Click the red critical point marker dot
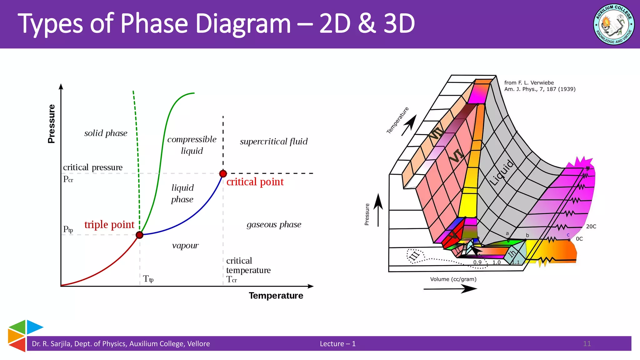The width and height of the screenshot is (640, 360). [x=223, y=173]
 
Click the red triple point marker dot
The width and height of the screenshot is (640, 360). [x=140, y=235]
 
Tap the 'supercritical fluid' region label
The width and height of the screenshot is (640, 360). [x=274, y=142]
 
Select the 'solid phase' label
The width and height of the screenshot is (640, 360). [x=106, y=133]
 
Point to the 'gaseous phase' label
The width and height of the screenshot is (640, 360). [x=274, y=224]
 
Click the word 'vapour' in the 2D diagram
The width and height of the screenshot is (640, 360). [x=185, y=246]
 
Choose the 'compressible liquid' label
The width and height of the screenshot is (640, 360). [x=192, y=145]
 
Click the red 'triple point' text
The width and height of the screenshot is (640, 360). [x=109, y=224]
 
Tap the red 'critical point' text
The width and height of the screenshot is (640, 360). [x=255, y=182]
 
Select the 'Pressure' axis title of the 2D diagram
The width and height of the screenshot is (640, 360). [x=51, y=124]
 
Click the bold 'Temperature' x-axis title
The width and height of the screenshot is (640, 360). [x=276, y=296]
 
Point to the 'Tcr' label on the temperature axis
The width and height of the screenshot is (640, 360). [x=232, y=279]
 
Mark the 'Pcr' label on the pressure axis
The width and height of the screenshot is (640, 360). [x=68, y=179]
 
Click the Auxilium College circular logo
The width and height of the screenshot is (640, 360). [x=613, y=24]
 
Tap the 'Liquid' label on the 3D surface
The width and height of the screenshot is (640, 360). [x=501, y=172]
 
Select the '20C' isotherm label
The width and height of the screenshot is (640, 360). [x=591, y=227]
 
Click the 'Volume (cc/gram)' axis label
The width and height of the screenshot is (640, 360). [x=453, y=279]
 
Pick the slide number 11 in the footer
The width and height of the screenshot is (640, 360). [x=587, y=344]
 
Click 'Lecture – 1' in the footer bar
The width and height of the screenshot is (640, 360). [x=337, y=344]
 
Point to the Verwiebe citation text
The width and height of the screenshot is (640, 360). [x=540, y=86]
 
